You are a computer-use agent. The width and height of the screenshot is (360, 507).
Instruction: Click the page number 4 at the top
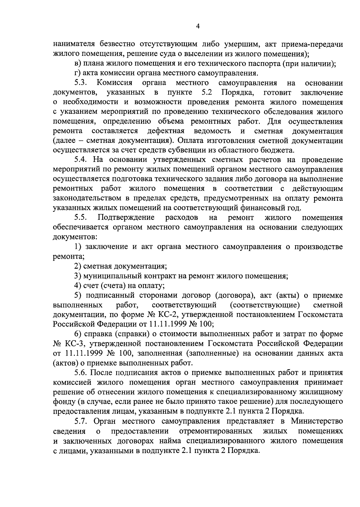click(198, 26)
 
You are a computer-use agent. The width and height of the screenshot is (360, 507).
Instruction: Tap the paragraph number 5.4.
click(81, 160)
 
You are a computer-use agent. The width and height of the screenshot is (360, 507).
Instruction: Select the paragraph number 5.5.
click(81, 218)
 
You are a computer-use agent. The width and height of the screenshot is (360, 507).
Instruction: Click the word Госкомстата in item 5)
click(320, 315)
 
